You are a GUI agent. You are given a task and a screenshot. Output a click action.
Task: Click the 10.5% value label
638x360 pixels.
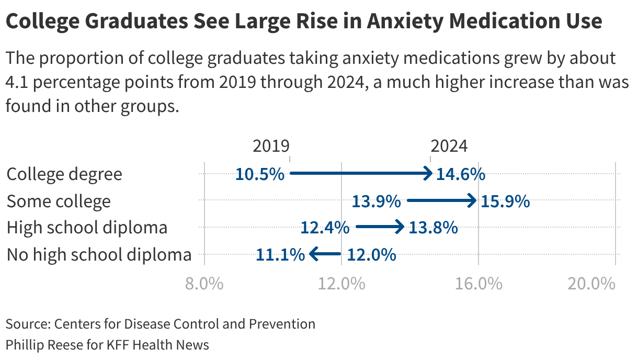tap(259, 174)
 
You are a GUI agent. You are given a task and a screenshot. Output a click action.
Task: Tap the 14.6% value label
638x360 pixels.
tap(461, 174)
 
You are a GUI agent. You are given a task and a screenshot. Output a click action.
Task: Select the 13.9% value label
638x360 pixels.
tap(376, 201)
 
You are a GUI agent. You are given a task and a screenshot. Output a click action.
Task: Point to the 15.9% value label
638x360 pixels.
tap(505, 201)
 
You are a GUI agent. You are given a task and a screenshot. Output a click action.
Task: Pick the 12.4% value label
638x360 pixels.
tap(325, 228)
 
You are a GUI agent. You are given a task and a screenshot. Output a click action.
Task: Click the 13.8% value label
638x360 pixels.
tap(433, 228)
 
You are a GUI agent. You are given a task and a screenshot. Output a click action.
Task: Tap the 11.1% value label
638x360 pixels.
tap(280, 255)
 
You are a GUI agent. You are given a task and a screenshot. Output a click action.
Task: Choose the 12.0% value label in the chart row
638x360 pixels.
tap(371, 255)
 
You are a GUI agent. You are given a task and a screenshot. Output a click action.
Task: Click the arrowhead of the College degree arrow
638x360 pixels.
tap(428, 173)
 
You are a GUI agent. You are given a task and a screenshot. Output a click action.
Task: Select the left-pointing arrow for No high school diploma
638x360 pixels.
tap(325, 254)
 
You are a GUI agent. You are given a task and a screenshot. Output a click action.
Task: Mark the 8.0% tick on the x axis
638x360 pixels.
tap(204, 284)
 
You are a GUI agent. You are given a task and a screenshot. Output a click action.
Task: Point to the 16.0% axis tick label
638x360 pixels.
tap(479, 284)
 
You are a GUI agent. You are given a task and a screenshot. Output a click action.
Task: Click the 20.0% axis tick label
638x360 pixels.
tap(591, 284)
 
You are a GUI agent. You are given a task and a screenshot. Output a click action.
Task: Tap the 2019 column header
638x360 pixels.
tap(271, 146)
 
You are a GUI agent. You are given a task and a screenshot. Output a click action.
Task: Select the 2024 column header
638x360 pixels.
tap(449, 146)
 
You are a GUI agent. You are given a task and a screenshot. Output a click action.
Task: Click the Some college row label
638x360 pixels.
tap(59, 201)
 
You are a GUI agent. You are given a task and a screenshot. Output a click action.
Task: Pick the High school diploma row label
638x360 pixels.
tap(87, 228)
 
